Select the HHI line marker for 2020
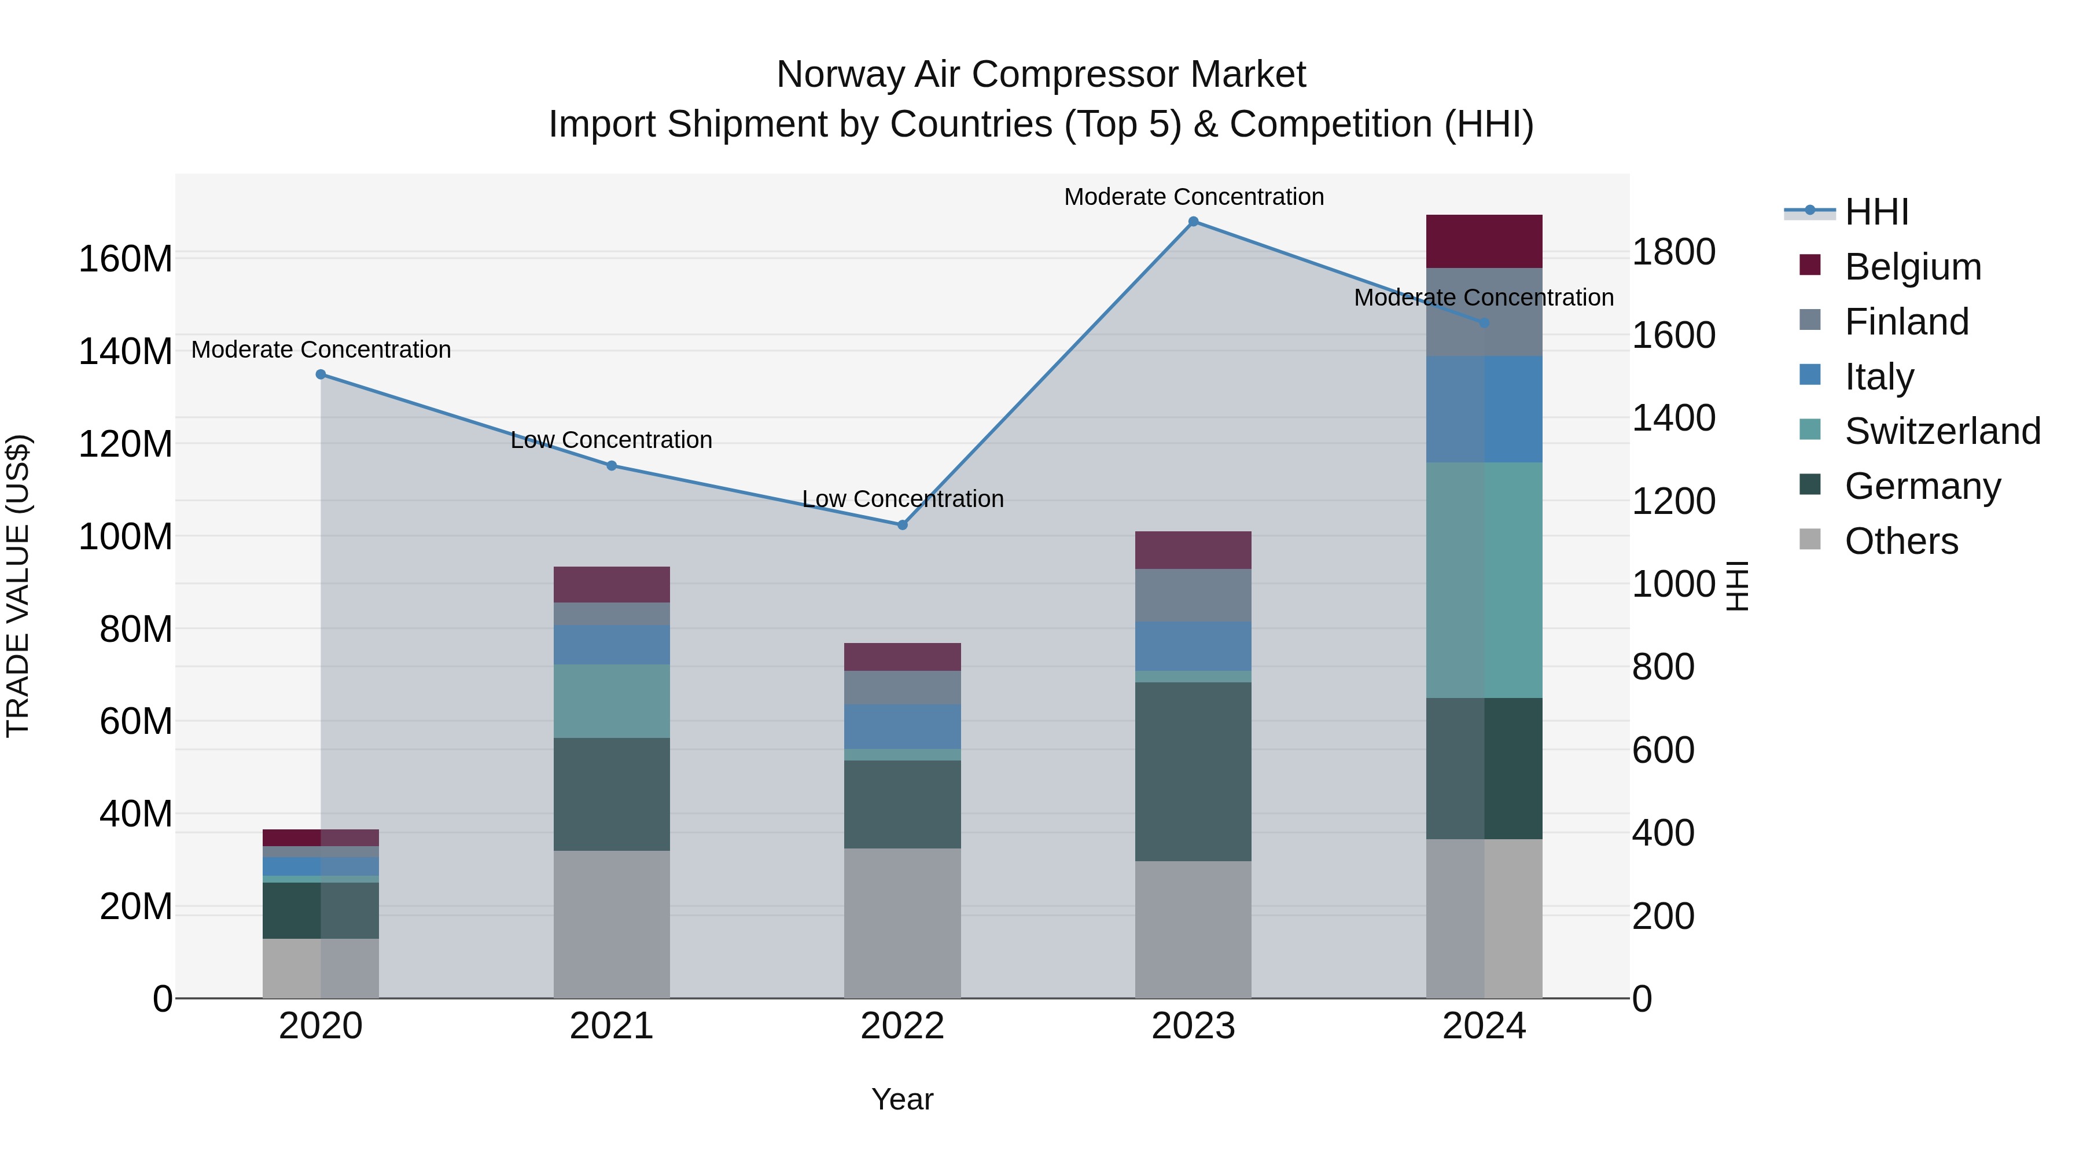click(321, 374)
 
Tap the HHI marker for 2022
click(903, 525)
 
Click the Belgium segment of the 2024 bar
click(1484, 241)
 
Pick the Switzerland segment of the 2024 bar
click(1484, 580)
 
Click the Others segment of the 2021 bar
click(612, 924)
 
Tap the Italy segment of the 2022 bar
click(903, 726)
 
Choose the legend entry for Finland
click(1906, 322)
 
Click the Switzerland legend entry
click(1941, 431)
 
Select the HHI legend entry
click(1876, 212)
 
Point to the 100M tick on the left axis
click(126, 537)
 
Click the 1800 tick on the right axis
click(1673, 252)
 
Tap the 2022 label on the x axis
click(903, 1026)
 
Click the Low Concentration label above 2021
click(612, 440)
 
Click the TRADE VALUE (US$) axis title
click(18, 586)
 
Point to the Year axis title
click(903, 1099)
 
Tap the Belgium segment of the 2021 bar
click(612, 584)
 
